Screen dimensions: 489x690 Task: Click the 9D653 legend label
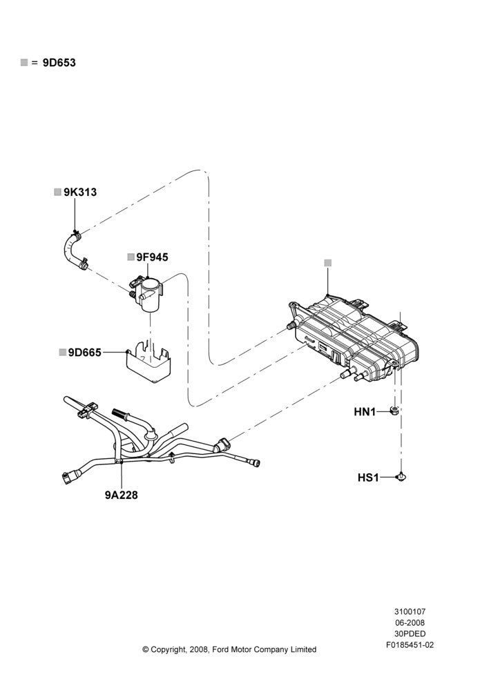pyautogui.click(x=59, y=63)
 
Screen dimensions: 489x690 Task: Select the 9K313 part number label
pyautogui.click(x=80, y=193)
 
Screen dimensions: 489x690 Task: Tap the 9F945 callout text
pyautogui.click(x=152, y=257)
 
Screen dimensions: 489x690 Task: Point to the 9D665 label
pyautogui.click(x=84, y=353)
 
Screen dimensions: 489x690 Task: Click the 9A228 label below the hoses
pyautogui.click(x=121, y=495)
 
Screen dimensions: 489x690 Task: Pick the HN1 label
pyautogui.click(x=365, y=413)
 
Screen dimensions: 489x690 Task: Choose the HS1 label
pyautogui.click(x=368, y=477)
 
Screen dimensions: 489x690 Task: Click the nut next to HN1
pyautogui.click(x=395, y=411)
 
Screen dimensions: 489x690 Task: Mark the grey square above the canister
pyautogui.click(x=328, y=263)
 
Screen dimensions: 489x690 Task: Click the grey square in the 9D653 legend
pyautogui.click(x=23, y=63)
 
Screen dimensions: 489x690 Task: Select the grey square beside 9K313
pyautogui.click(x=57, y=193)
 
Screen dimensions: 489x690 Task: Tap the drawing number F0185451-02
pyautogui.click(x=410, y=646)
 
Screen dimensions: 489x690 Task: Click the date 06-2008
pyautogui.click(x=410, y=622)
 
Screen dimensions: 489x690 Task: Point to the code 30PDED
pyautogui.click(x=410, y=634)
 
